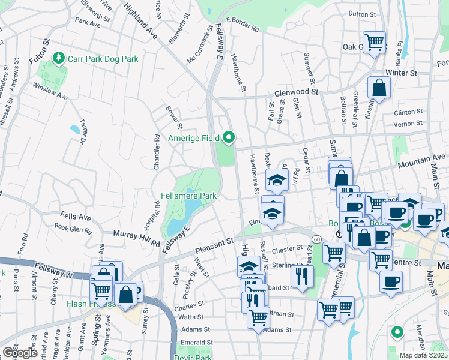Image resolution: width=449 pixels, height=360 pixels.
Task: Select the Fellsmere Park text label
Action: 188,196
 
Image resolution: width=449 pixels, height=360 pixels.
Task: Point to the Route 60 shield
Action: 316,239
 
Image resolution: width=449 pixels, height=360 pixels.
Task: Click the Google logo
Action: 19,353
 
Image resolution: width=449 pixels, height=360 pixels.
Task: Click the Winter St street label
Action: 401,73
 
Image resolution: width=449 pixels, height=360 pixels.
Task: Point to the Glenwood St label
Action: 296,92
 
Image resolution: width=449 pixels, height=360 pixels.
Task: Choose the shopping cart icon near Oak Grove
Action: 375,43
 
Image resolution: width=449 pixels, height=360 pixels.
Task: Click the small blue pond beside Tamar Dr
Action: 75,129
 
